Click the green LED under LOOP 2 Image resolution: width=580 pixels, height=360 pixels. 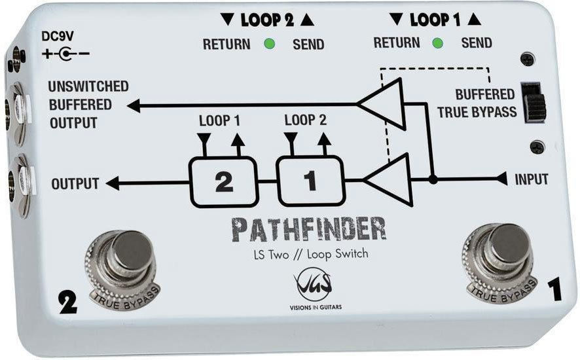pos(268,45)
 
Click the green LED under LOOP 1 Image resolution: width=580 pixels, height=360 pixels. pos(438,44)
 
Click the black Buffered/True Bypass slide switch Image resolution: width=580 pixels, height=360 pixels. pos(535,102)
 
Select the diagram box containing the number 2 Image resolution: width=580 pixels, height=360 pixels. pos(224,183)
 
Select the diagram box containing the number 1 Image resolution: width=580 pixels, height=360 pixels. pos(310,181)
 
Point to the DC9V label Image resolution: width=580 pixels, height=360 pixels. pos(57,37)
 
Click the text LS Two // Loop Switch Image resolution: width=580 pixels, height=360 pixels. pos(310,254)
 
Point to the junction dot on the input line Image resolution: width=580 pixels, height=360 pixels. pos(433,179)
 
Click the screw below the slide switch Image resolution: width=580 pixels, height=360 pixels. pos(537,147)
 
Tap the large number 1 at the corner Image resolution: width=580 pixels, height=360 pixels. pos(553,289)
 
